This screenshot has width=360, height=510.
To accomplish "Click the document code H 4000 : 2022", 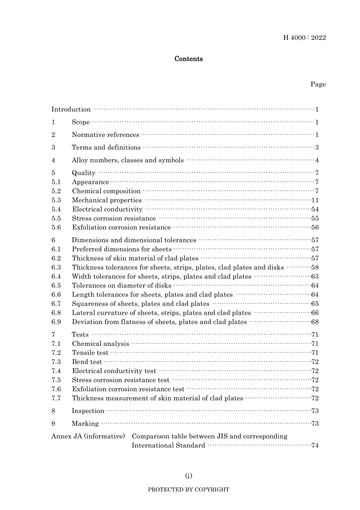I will (x=304, y=38).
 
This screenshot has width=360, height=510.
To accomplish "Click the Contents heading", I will (x=188, y=59).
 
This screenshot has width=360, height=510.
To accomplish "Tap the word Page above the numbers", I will (x=318, y=84).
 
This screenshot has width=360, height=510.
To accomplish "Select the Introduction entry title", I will (x=71, y=110).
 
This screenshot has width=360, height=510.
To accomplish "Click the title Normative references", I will (x=105, y=135).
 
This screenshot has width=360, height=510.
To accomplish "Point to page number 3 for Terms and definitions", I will (x=317, y=148).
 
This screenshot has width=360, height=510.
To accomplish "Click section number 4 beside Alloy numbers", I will (x=53, y=160).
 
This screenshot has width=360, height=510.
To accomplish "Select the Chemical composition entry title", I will (x=106, y=191).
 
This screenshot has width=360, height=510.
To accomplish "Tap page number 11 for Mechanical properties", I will (x=315, y=200).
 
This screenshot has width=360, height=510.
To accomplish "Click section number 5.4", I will (x=56, y=209).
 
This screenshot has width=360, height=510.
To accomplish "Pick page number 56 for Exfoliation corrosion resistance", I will (x=315, y=228).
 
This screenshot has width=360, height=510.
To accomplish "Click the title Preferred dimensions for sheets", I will (x=122, y=249).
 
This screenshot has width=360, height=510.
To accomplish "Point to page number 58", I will (x=315, y=267).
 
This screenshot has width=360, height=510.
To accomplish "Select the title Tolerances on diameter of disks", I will (x=121, y=286).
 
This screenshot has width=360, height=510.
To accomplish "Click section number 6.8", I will (x=56, y=313).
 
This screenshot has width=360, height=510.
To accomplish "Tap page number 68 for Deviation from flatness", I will (x=315, y=322).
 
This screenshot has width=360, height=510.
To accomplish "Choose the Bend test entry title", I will (x=87, y=362).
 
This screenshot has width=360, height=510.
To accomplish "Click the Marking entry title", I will (x=85, y=424).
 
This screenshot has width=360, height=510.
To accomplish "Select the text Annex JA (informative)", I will (x=88, y=436).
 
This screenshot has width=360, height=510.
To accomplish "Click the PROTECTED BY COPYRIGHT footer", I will (x=188, y=490).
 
